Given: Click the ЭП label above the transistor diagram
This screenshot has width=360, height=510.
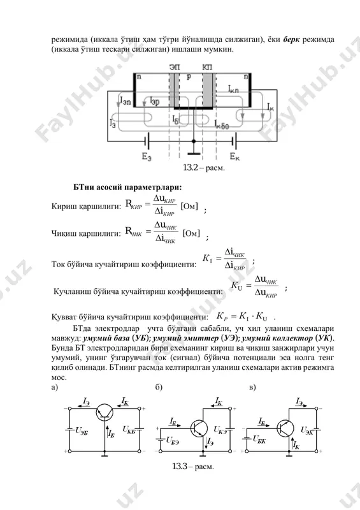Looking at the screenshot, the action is (174, 68).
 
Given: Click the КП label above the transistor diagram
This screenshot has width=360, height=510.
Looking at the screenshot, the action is (207, 68).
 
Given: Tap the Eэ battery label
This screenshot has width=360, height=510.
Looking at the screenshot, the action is (147, 157).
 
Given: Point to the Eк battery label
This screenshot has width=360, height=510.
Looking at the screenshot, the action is (235, 157).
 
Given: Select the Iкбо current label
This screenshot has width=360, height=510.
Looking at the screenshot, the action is (222, 125).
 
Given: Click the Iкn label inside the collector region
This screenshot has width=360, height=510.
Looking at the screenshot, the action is (233, 89).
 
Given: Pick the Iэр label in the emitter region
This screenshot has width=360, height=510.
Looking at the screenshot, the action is (155, 101).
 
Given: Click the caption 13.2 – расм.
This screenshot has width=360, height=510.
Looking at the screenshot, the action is (204, 168).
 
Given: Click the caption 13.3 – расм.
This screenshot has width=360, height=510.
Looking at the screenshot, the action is (193, 467).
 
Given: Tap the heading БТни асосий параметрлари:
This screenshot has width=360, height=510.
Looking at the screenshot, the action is (127, 187).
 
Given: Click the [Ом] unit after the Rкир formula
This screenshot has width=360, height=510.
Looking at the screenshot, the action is (189, 206).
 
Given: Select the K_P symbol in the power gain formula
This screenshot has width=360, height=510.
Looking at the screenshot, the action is (222, 316).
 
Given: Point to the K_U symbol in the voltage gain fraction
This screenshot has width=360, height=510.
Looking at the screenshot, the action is (236, 286).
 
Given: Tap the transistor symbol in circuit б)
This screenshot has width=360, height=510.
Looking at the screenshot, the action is (199, 428).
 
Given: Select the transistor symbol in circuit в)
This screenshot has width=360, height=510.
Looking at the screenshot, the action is (285, 428).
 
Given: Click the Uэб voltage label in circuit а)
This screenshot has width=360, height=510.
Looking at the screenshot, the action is (82, 431).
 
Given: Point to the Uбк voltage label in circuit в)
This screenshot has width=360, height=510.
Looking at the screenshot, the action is (259, 439).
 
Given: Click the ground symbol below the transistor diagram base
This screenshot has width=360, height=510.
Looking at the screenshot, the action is (194, 152).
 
